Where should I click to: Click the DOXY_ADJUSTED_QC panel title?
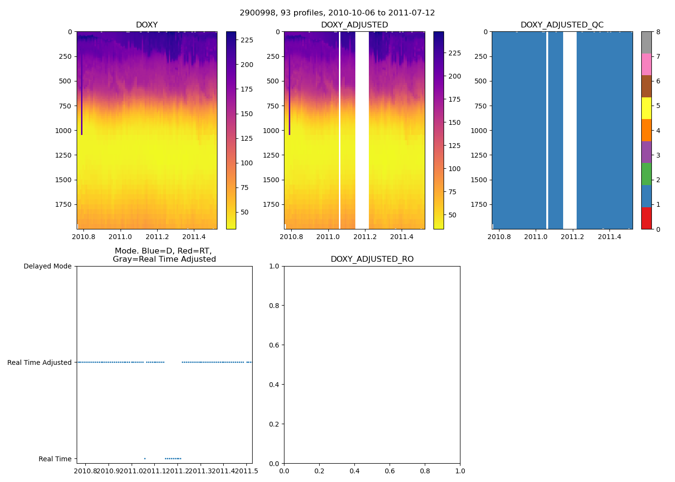562,25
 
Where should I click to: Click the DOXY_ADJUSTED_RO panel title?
372,259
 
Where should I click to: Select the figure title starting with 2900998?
337,13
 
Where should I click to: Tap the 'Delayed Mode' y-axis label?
47,266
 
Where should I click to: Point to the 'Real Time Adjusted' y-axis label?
39,362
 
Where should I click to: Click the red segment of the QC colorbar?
646,218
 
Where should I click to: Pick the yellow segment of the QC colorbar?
646,108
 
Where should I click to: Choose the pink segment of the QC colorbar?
646,65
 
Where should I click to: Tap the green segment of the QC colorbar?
646,174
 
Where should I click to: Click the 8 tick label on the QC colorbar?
658,32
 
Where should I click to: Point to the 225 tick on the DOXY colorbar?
247,40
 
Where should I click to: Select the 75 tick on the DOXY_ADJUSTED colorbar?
452,192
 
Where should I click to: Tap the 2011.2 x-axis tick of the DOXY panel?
157,237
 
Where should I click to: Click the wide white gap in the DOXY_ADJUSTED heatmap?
362,130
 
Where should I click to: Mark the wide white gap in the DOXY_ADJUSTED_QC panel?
570,130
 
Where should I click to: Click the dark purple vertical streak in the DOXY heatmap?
81,96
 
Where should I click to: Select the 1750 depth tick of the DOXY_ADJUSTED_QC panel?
480,204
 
